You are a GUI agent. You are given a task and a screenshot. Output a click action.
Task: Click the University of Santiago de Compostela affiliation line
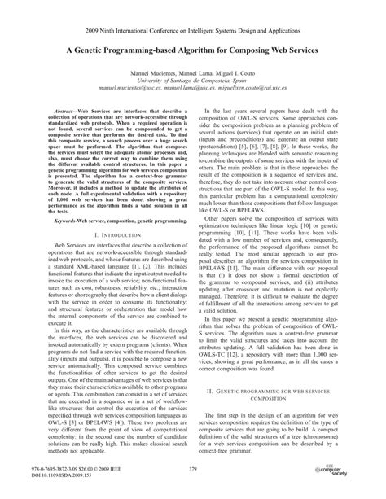pos(193,81)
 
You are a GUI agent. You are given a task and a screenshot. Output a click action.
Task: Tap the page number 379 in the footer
pos(192,470)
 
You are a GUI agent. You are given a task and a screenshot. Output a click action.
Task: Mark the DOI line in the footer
pos(60,475)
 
